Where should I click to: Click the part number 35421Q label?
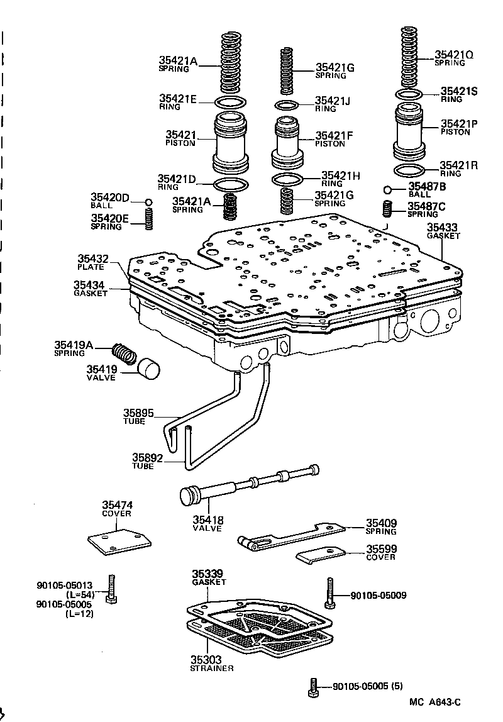click(x=453, y=55)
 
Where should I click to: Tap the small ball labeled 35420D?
click(x=149, y=202)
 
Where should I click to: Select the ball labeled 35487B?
click(x=388, y=189)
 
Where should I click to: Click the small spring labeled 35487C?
click(x=388, y=208)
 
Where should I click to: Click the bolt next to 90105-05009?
click(x=329, y=592)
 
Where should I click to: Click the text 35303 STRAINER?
click(x=212, y=664)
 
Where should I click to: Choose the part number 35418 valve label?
click(x=207, y=524)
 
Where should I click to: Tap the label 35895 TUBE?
click(x=137, y=416)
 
